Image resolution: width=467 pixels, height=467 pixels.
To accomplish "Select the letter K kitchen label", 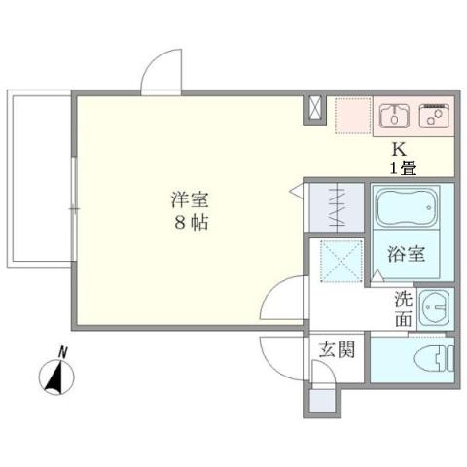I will (x=397, y=150).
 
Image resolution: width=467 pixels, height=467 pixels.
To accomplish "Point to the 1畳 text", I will (x=404, y=166).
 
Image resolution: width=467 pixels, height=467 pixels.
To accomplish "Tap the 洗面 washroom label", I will (x=403, y=309).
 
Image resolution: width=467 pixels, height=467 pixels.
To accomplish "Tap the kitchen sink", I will (x=394, y=116).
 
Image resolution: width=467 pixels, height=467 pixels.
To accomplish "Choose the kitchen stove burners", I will (x=433, y=116).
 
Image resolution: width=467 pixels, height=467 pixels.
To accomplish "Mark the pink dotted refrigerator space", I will (x=351, y=116).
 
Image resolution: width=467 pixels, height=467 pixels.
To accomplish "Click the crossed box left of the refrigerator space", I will (x=316, y=109).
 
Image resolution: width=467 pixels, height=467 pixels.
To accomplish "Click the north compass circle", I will (x=56, y=377).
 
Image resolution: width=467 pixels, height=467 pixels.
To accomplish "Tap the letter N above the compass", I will (x=62, y=351).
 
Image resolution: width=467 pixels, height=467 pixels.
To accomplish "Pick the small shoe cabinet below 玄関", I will (x=319, y=400).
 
